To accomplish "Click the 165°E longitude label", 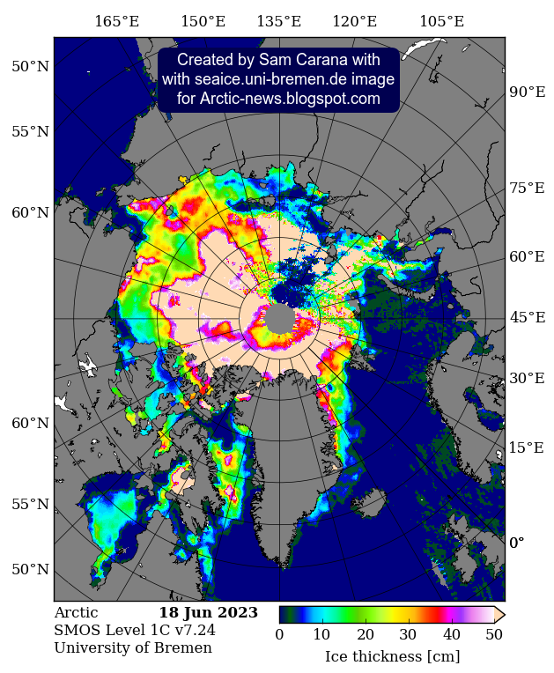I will tap(116, 22).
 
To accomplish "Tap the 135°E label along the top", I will tap(278, 22).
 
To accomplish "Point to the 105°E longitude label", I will tap(441, 22).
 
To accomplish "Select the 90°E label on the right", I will tap(528, 92).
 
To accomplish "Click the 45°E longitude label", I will tap(528, 318).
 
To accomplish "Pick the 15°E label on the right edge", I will tap(528, 447).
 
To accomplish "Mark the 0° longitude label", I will tap(517, 543).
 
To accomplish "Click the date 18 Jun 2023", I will tap(208, 613).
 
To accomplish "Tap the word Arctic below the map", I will tap(76, 613).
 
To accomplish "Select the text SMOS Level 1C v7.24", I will tap(134, 631).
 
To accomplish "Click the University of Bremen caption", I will tap(132, 648).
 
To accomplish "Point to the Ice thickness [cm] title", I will tap(392, 656).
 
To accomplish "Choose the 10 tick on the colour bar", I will tap(321, 635).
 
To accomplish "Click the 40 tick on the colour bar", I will tap(451, 635).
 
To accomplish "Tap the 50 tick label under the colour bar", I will tap(494, 635).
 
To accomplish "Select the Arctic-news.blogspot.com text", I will tap(278, 99).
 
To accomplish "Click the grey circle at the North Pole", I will tap(281, 318).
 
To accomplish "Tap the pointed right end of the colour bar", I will tap(499, 614).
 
